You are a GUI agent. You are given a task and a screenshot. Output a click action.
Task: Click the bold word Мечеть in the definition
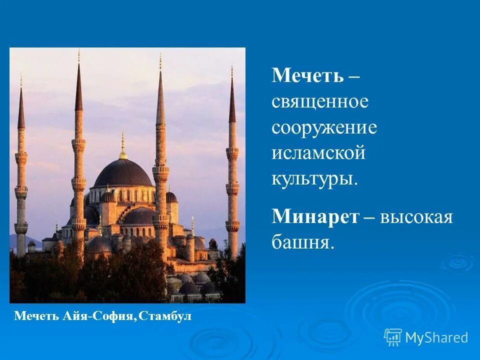(308, 76)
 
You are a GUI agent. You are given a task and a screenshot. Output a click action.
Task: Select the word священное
(320, 102)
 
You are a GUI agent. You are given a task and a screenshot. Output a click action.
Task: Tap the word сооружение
(324, 128)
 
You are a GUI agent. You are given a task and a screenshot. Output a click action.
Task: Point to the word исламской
(318, 153)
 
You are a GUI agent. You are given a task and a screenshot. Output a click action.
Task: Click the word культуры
(314, 179)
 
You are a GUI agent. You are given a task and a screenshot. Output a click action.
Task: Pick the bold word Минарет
(316, 216)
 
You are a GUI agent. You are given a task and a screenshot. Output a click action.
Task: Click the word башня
(302, 242)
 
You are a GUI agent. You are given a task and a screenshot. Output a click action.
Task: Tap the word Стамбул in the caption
(165, 316)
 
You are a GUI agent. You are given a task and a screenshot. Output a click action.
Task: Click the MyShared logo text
(436, 337)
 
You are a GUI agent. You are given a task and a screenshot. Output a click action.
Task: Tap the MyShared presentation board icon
(393, 337)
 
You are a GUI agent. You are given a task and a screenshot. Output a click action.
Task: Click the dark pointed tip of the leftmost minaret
(21, 107)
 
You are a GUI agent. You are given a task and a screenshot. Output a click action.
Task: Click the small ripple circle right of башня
(457, 261)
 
